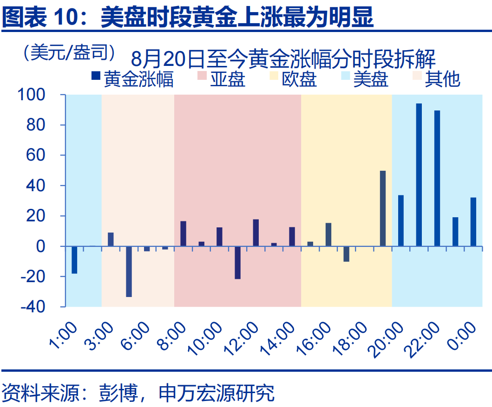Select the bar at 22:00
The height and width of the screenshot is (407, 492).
(437, 178)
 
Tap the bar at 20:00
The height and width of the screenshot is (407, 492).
(400, 220)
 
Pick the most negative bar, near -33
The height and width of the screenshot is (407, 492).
(129, 271)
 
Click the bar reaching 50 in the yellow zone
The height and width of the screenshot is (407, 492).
(382, 208)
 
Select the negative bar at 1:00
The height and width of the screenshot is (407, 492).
(74, 259)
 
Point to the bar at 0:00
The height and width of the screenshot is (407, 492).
(473, 221)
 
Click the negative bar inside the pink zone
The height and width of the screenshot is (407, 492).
(237, 262)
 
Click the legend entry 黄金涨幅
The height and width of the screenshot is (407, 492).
(132, 79)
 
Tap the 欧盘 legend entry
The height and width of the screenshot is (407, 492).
(293, 79)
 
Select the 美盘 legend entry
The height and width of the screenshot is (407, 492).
(365, 79)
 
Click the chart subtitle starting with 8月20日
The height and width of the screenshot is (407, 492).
(283, 59)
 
